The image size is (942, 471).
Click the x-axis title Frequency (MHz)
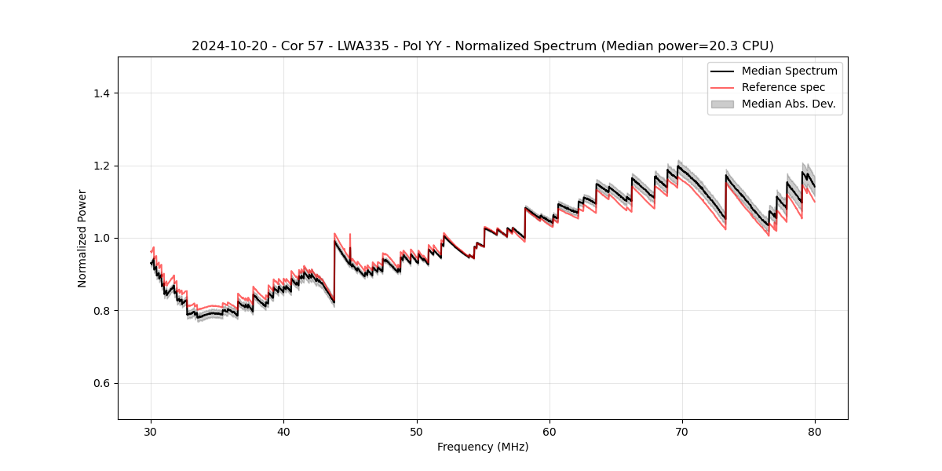(x=483, y=447)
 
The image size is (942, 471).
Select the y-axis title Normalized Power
(x=82, y=238)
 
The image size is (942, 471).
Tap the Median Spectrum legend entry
(x=789, y=71)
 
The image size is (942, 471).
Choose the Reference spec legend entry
(x=783, y=87)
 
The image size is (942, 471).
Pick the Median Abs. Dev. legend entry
(x=788, y=104)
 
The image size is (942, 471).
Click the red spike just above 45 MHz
(x=350, y=235)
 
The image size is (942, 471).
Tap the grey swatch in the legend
(x=722, y=104)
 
